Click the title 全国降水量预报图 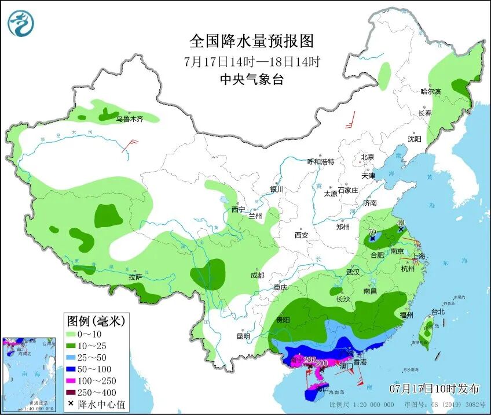click(x=251, y=41)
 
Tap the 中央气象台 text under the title click(x=251, y=80)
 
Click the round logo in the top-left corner click(x=21, y=24)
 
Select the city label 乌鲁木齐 click(x=129, y=119)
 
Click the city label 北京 click(x=368, y=157)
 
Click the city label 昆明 click(x=243, y=336)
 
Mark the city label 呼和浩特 click(x=320, y=162)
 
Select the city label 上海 click(x=419, y=256)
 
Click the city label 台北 click(x=438, y=312)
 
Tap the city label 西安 click(x=301, y=235)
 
